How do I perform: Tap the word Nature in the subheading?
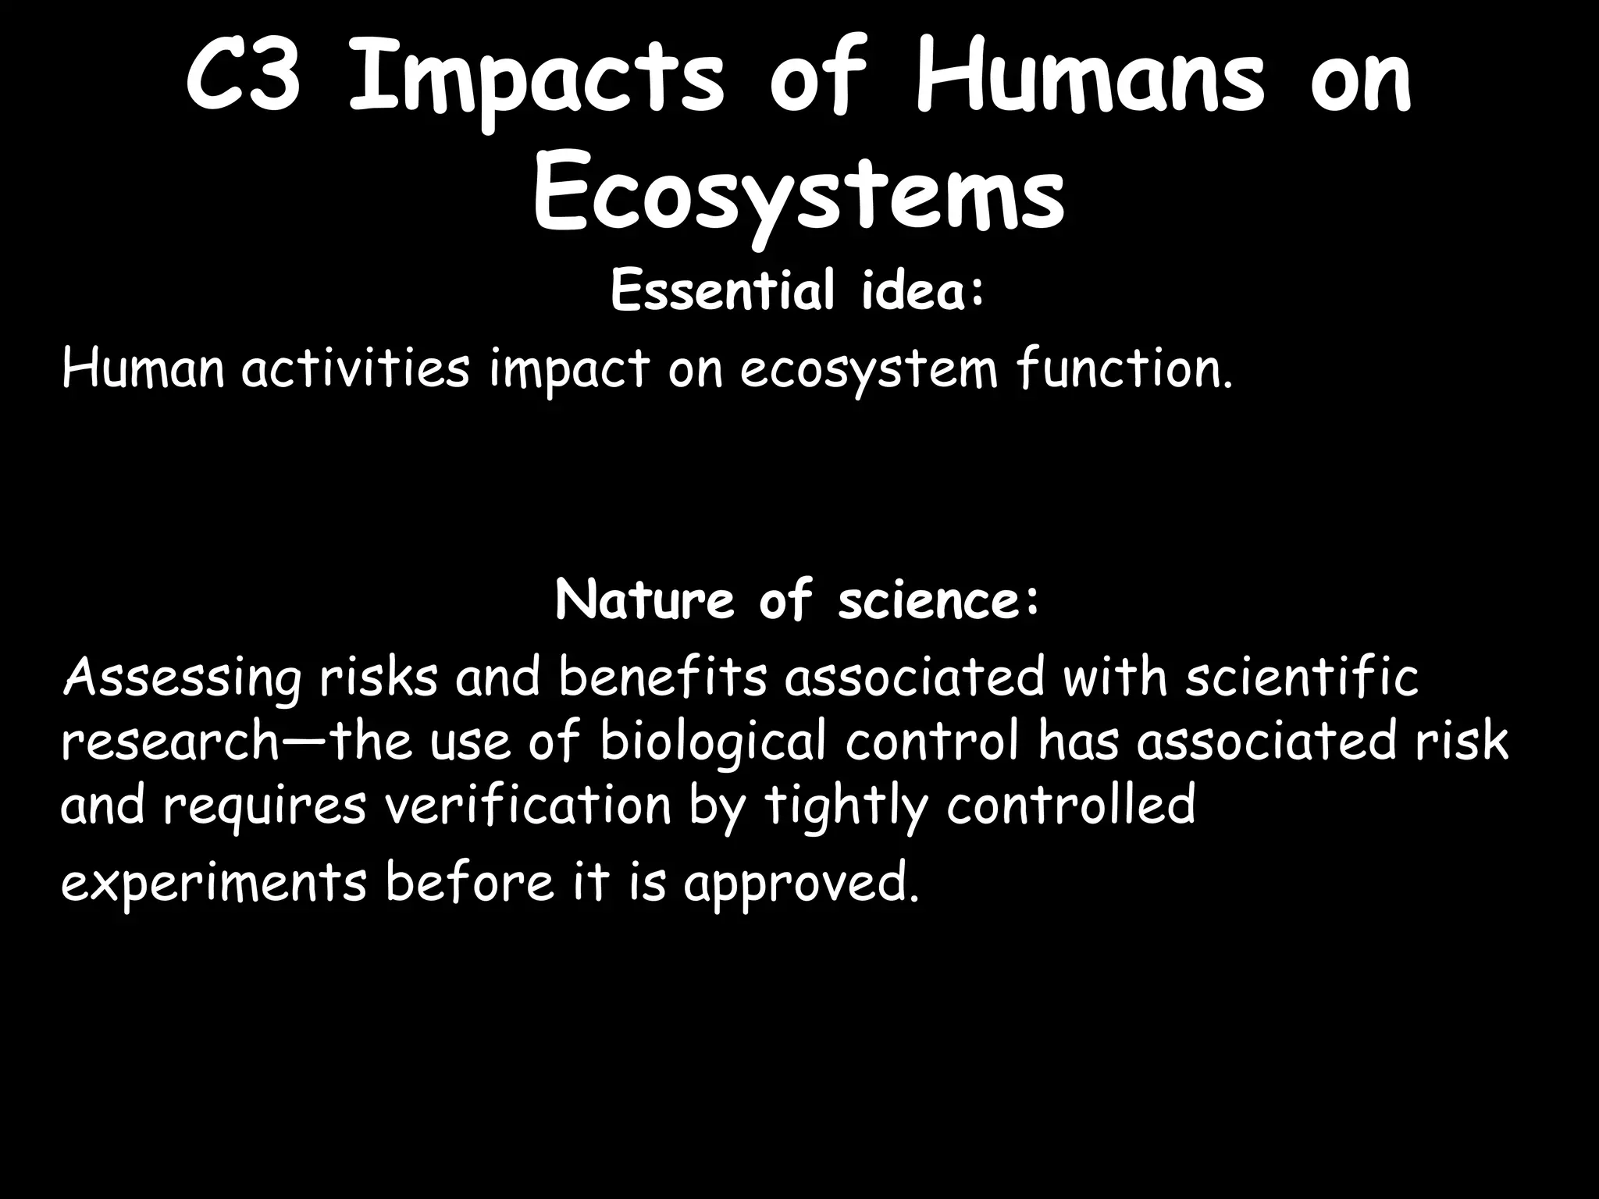tap(644, 601)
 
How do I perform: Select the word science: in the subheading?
tap(939, 601)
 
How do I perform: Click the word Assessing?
tap(181, 678)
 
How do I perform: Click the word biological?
tap(712, 742)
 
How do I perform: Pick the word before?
tap(469, 881)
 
